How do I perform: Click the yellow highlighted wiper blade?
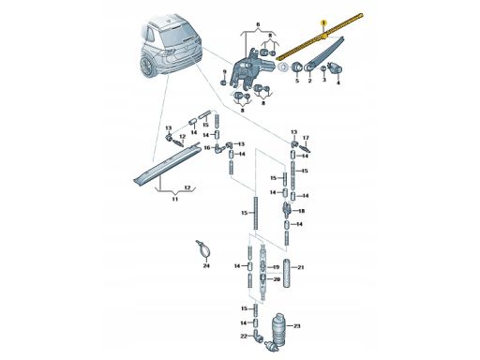320,37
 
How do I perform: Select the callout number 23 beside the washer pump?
296,326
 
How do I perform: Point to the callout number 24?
206,265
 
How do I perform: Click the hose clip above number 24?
203,249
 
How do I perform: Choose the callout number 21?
300,267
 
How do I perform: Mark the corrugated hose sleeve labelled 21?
287,273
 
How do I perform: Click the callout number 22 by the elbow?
244,336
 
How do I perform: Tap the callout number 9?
224,72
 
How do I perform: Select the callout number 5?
297,81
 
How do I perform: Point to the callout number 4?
337,82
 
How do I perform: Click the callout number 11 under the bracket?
175,199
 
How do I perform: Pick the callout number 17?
306,138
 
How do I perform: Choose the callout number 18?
301,211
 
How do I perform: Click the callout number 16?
207,147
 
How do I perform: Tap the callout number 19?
276,267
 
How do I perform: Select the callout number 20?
277,279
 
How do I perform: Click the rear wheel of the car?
146,67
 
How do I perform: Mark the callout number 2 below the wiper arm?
309,81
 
